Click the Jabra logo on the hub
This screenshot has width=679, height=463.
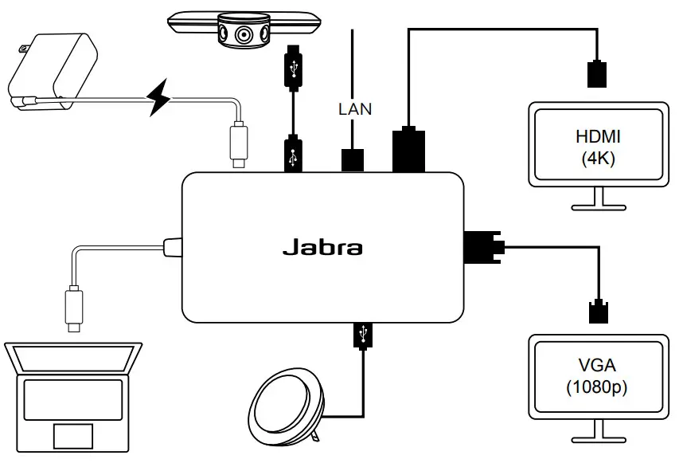pos(322,247)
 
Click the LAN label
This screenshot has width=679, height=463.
pos(354,109)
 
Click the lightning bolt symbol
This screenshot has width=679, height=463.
pos(162,98)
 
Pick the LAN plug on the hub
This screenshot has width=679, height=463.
pos(352,159)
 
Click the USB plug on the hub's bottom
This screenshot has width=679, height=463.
pos(364,334)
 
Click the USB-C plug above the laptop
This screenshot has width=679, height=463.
pos(73,311)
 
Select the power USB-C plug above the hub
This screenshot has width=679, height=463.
pos(239,143)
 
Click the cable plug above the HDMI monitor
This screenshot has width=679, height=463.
pos(595,74)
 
